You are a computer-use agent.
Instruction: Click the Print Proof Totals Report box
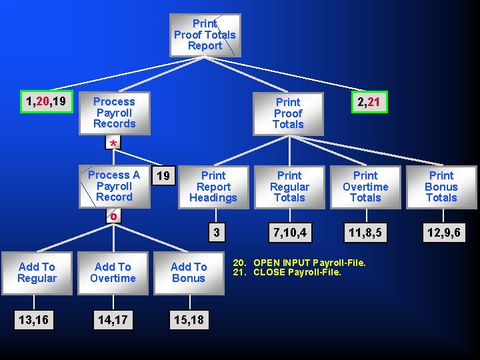click(205, 35)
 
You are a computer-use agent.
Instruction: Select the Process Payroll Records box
click(113, 113)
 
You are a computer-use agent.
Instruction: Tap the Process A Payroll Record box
click(113, 186)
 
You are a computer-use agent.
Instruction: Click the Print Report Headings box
click(213, 187)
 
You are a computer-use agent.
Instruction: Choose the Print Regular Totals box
click(289, 187)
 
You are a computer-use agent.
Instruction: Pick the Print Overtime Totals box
click(365, 187)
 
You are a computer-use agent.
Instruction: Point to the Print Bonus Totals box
click(441, 187)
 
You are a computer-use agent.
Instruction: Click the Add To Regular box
click(37, 273)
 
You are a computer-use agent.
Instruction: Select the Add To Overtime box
click(113, 273)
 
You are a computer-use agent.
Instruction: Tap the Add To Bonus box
click(189, 273)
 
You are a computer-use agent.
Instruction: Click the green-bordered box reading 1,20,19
click(45, 101)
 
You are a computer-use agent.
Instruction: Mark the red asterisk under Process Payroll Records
click(113, 145)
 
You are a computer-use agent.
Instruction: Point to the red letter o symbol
click(113, 216)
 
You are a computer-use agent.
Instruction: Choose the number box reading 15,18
click(189, 320)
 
